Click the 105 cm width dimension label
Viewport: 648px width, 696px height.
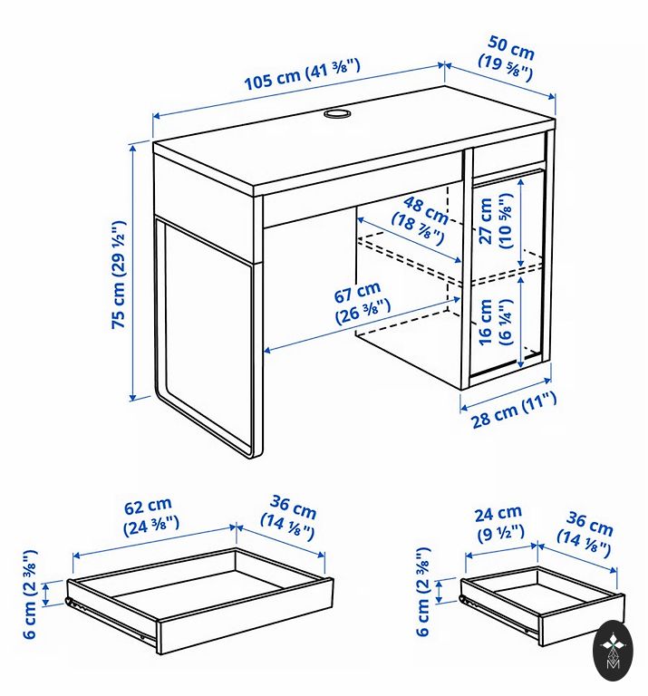pyautogui.click(x=303, y=75)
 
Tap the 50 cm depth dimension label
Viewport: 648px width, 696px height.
pyautogui.click(x=508, y=59)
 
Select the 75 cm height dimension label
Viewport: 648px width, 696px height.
pyautogui.click(x=119, y=275)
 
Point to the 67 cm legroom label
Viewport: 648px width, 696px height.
pyautogui.click(x=361, y=303)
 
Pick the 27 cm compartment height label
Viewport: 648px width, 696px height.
pyautogui.click(x=497, y=220)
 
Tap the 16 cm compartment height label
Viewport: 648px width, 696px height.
pyautogui.click(x=496, y=322)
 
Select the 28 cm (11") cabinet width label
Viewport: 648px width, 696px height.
pyautogui.click(x=514, y=411)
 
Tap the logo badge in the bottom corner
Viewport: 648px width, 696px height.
pyautogui.click(x=614, y=651)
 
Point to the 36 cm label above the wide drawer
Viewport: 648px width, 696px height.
pyautogui.click(x=289, y=517)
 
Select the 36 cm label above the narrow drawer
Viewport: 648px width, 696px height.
pyautogui.click(x=585, y=534)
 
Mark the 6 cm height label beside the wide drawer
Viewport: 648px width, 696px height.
pyautogui.click(x=30, y=594)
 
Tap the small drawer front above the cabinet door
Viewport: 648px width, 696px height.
pyautogui.click(x=508, y=154)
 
